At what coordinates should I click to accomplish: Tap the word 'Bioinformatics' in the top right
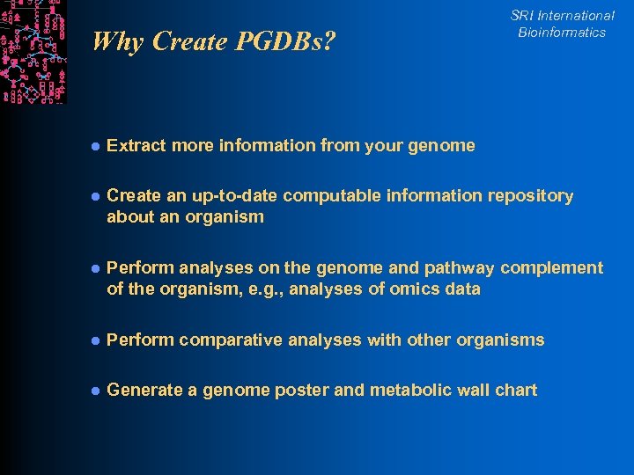click(562, 33)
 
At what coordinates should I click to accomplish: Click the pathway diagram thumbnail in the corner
click(33, 52)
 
